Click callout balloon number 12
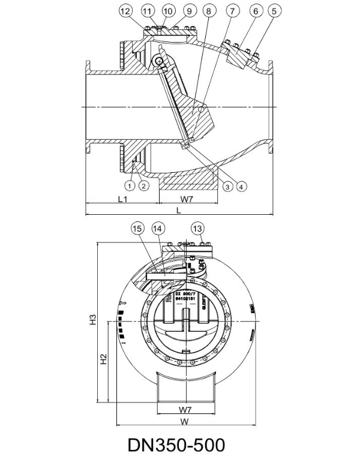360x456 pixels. (x=125, y=11)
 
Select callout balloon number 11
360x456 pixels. (x=148, y=11)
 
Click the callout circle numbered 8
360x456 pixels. (x=208, y=11)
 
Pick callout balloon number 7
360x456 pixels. (x=233, y=11)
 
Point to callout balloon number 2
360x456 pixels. (x=143, y=185)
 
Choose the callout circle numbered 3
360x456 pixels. (x=228, y=186)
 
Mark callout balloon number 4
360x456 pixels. (x=242, y=186)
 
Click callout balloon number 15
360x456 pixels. (x=137, y=229)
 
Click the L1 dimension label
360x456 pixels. (x=122, y=199)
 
